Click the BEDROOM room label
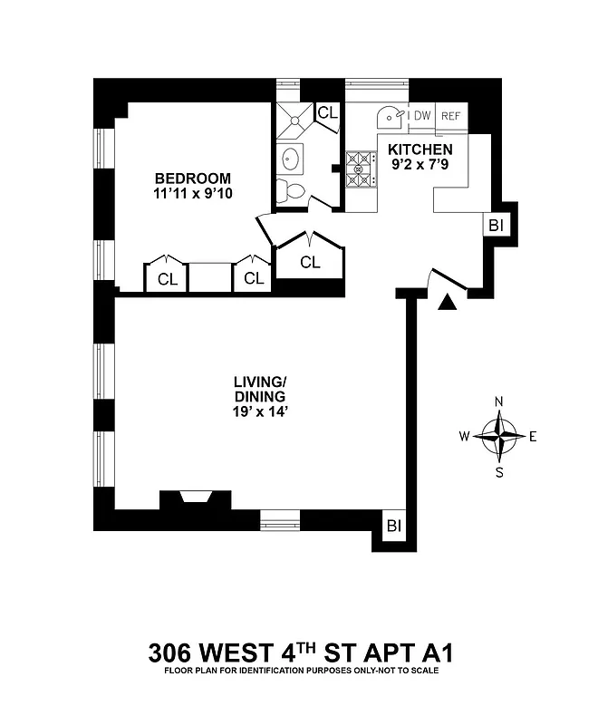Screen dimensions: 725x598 click(192, 179)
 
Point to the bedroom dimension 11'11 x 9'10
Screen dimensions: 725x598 click(192, 194)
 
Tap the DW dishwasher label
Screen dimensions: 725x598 click(421, 115)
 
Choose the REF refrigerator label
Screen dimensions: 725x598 click(450, 115)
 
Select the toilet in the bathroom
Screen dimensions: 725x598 click(292, 191)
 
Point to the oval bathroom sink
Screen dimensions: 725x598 click(291, 159)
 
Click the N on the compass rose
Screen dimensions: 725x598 click(498, 401)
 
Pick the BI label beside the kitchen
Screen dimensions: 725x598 click(496, 226)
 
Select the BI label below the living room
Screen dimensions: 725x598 click(393, 526)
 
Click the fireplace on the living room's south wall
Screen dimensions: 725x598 click(194, 499)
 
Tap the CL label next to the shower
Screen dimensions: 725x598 click(327, 112)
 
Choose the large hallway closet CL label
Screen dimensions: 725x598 click(310, 263)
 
